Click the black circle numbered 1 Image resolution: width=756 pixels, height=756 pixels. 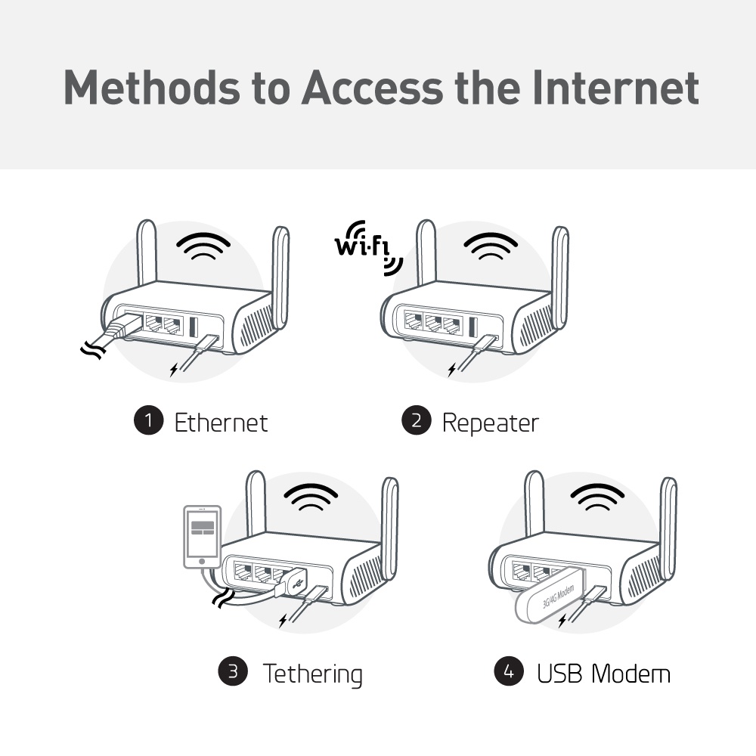tap(148, 421)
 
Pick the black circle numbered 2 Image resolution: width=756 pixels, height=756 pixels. tap(416, 421)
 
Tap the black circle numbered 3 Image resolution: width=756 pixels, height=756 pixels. tap(233, 671)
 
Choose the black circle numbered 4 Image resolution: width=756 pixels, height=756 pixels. tap(509, 671)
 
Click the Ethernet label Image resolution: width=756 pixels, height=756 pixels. tap(221, 422)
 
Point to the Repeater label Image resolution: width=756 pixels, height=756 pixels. tap(490, 422)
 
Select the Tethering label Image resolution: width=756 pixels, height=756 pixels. tap(312, 673)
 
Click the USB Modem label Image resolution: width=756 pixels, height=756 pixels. tap(603, 673)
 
